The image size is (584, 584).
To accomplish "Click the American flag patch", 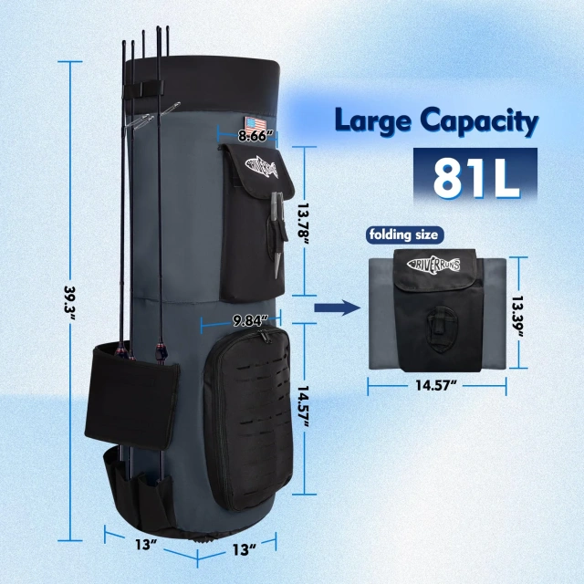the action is (x=254, y=124).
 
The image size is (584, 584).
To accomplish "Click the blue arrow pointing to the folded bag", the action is (x=332, y=309).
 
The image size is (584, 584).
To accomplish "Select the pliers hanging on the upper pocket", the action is (x=273, y=237).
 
